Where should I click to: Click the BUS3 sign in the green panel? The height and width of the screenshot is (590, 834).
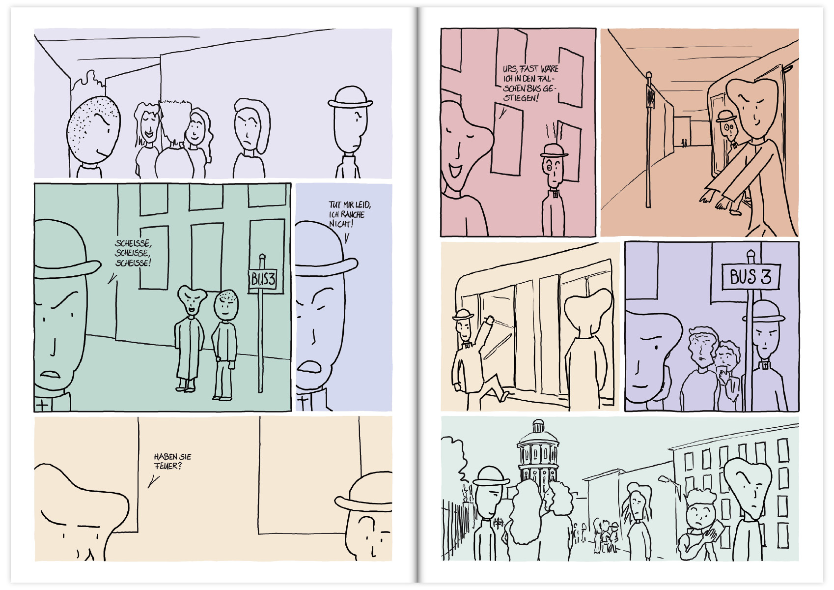click(x=263, y=279)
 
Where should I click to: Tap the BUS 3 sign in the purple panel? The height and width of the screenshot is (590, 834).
click(x=750, y=276)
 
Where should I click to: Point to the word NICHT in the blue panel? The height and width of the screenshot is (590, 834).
click(x=341, y=224)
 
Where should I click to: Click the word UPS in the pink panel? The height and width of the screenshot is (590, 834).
click(x=509, y=69)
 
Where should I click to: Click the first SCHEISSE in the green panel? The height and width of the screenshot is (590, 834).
click(x=133, y=243)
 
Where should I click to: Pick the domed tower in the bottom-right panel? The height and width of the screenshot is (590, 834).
click(x=538, y=453)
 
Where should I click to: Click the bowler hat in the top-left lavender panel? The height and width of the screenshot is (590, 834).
click(x=350, y=98)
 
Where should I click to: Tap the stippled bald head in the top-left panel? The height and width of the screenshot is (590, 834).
click(x=93, y=129)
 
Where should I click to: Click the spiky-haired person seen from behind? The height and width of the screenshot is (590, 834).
click(x=174, y=140)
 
